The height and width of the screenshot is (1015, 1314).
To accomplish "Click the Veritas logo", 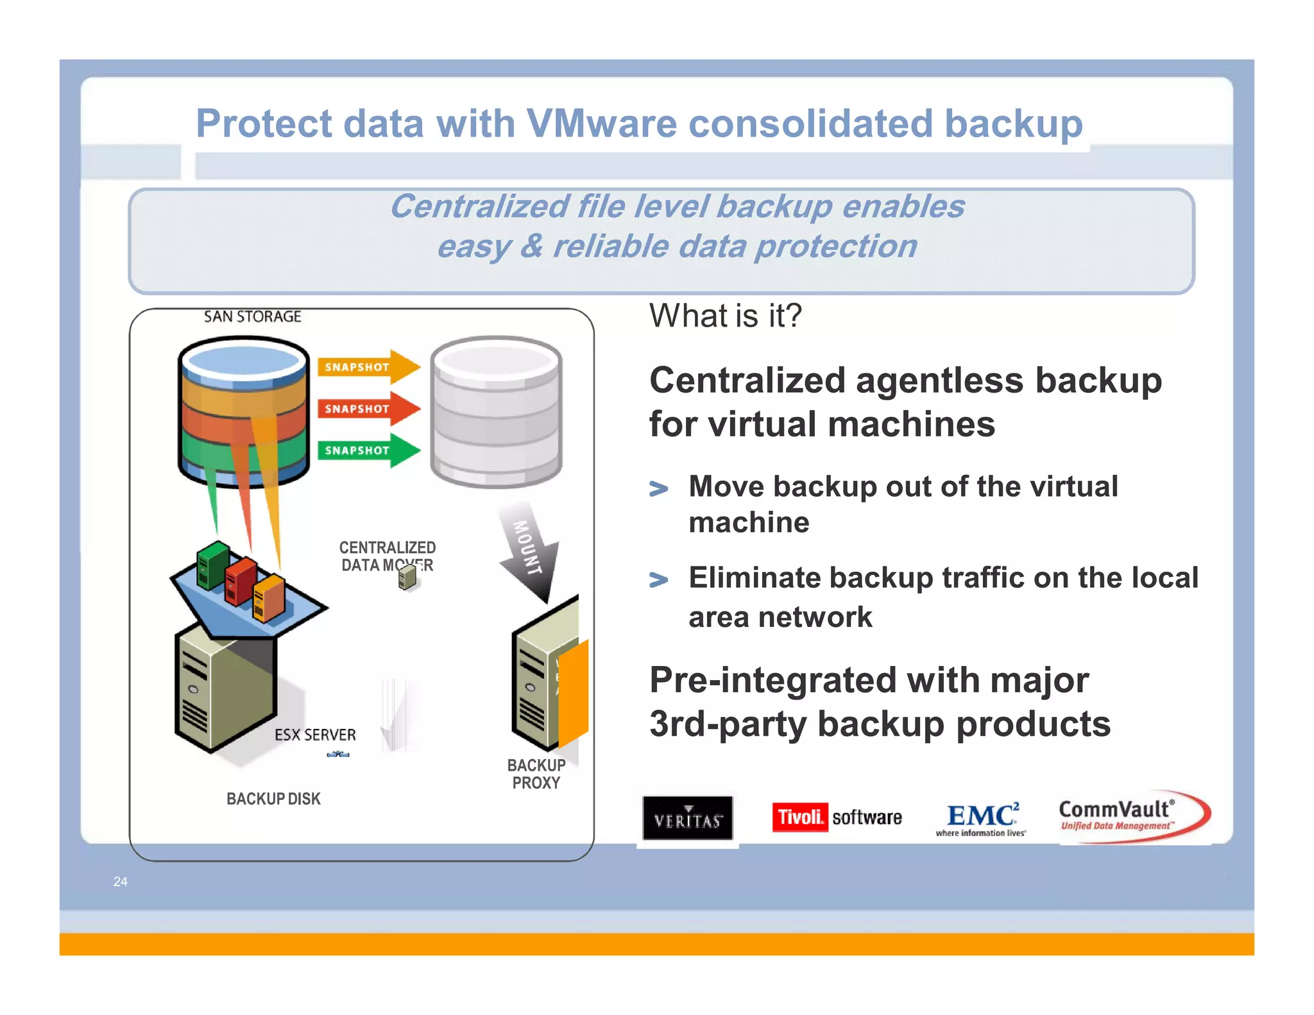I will [x=687, y=818].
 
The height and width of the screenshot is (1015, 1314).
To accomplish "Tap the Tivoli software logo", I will [x=836, y=817].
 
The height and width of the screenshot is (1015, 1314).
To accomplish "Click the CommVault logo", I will [x=1133, y=816].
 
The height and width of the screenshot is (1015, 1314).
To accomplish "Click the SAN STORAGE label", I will [x=252, y=316].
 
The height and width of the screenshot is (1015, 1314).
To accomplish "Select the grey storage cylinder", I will [x=496, y=412].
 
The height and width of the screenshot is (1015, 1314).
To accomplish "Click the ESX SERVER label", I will [x=314, y=735].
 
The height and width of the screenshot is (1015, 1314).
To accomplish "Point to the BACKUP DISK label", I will [x=273, y=799].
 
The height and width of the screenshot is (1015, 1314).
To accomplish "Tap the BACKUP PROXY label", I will [x=536, y=774].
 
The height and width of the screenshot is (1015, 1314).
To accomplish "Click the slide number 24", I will [x=120, y=882].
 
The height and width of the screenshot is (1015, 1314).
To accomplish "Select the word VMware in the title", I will [x=601, y=123].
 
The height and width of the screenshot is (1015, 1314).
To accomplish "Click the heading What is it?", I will [x=725, y=316].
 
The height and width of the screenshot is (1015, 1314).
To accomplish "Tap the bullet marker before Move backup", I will [x=658, y=489].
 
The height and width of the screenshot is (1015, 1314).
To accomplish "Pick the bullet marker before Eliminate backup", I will [x=658, y=580].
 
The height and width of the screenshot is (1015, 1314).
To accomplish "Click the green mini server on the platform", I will [x=212, y=565].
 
